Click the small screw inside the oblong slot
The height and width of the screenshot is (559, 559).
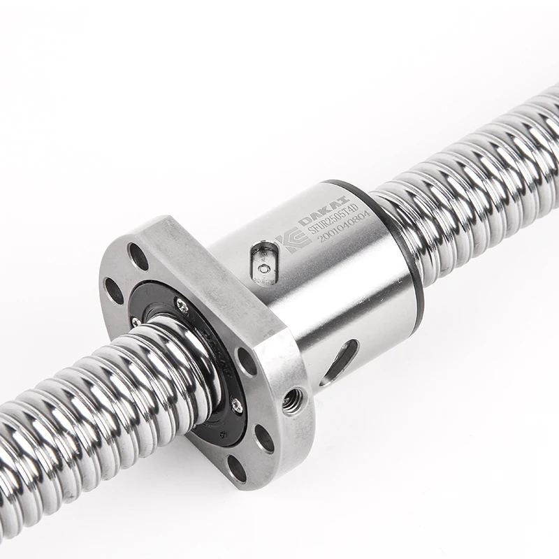[263, 268]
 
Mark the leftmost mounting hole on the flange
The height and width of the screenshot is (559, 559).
[114, 290]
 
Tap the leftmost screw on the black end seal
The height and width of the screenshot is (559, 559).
[135, 321]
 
